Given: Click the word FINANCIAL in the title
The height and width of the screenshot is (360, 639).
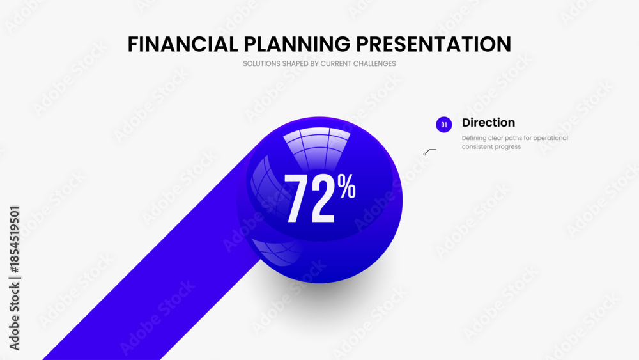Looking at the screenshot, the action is pos(183,44).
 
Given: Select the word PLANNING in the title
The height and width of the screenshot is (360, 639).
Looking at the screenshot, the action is pos(297,44).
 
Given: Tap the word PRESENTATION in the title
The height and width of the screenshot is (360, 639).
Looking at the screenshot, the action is pos(434,44).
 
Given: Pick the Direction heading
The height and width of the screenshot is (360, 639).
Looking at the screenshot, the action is pos(488,122).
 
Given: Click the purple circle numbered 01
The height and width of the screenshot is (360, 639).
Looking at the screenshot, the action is pos(444,125).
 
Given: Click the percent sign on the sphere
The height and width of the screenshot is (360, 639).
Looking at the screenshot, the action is pos(347,186).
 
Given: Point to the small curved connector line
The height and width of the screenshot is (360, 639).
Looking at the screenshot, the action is pos(429,152).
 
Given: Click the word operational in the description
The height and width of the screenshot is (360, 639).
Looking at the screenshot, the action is pos(551,138).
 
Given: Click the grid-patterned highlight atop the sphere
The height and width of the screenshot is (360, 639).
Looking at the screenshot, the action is pos(317,147).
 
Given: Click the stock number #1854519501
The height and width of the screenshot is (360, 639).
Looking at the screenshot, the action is pos(14,240).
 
